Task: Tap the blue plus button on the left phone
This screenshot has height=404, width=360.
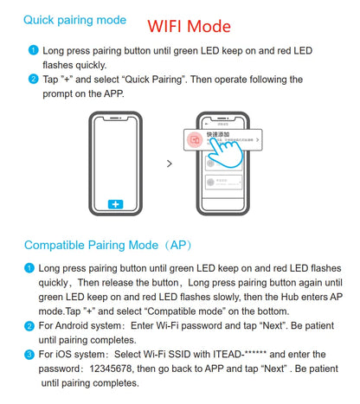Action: click(x=115, y=204)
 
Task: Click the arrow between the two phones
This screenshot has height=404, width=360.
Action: click(x=169, y=163)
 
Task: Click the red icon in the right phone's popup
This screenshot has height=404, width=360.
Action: click(x=196, y=138)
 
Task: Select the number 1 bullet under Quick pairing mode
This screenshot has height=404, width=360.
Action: click(x=32, y=50)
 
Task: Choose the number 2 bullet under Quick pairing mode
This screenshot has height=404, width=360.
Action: click(x=32, y=80)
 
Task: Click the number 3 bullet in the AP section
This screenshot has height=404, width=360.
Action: click(x=31, y=355)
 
